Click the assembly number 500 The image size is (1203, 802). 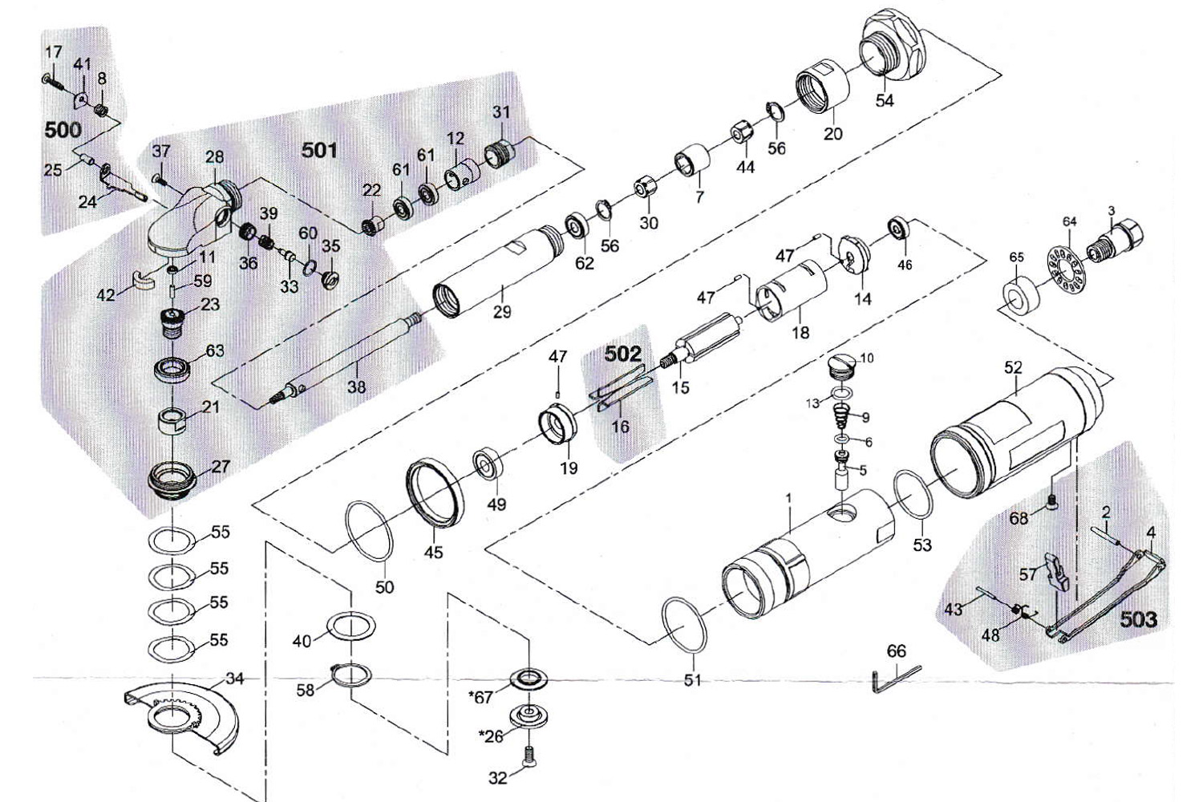point(63,130)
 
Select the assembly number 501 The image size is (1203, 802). point(319,150)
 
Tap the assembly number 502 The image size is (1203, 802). point(622,354)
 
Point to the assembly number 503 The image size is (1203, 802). point(1139,619)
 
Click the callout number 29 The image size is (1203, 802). point(502,311)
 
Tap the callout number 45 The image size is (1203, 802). point(433,552)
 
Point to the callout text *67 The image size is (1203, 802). point(481,697)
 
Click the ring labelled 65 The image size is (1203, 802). point(1022,294)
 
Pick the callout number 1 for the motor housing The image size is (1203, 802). point(788,498)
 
